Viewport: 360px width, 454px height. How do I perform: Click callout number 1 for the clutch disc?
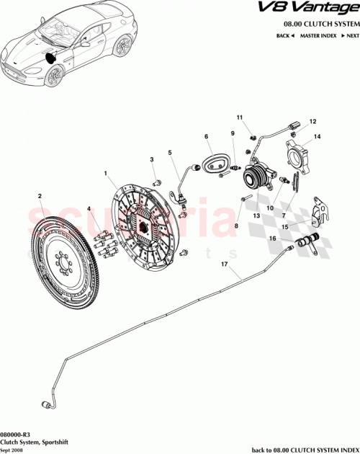tap(105, 173)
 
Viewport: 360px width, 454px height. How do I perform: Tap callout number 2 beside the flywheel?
tap(40, 195)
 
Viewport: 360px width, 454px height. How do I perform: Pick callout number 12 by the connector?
tap(312, 122)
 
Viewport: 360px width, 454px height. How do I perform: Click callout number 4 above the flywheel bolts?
tap(89, 210)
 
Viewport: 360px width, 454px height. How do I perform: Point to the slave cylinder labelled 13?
tap(256, 175)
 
